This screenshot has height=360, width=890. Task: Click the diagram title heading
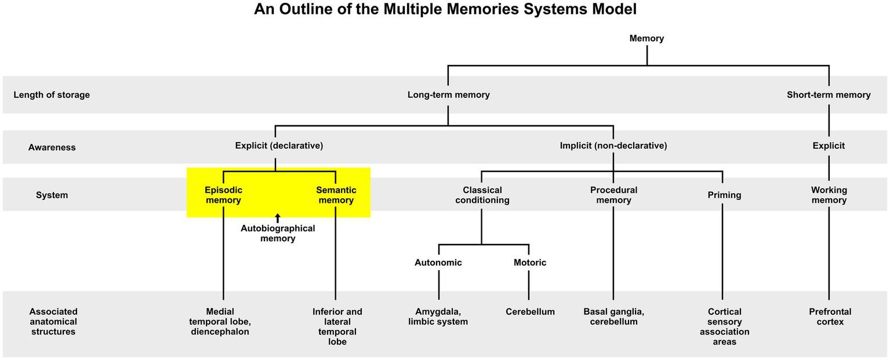coord(445,10)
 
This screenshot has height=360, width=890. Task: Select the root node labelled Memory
coord(646,38)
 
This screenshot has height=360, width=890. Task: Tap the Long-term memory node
coord(448,94)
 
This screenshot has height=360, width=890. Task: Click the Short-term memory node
coord(829,94)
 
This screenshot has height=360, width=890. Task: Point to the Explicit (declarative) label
coord(279,146)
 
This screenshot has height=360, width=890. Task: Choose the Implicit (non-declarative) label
coord(613,146)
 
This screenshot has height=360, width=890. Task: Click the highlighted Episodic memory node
coord(223,195)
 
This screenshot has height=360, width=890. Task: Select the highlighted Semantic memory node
coord(336,195)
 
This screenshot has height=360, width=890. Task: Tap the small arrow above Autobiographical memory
coord(278,217)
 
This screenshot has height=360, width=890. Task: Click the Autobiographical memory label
coord(278,233)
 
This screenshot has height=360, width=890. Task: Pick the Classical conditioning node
coord(482,195)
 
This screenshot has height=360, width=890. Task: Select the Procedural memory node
coord(613,195)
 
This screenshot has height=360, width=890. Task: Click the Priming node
coord(724,195)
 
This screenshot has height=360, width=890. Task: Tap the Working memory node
coord(829,195)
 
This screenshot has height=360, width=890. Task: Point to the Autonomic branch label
coord(438,263)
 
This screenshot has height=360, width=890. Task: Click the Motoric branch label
coord(529,263)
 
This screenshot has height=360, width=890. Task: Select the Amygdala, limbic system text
coord(438,317)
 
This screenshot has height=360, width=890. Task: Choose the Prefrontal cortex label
coord(829,317)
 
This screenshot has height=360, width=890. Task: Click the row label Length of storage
coord(52,94)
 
